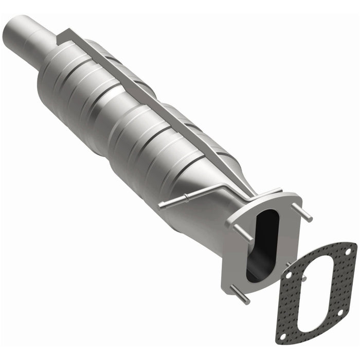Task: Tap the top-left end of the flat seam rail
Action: click(61, 35)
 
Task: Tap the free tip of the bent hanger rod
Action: click(160, 206)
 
